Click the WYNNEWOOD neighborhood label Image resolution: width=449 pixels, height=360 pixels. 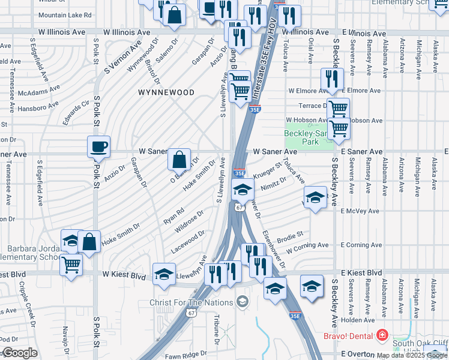(x=166, y=92)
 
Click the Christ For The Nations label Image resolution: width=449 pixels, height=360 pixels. (x=191, y=302)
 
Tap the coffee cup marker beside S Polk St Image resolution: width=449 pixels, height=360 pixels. (x=99, y=146)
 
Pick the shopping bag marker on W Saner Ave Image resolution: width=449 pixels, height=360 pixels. (x=179, y=159)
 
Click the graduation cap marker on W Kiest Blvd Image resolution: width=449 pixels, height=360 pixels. (x=164, y=274)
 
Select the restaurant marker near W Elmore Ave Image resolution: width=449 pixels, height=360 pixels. (x=331, y=78)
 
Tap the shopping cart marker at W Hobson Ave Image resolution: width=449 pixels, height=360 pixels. (x=339, y=128)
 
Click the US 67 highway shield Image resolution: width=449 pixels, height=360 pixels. (x=239, y=207)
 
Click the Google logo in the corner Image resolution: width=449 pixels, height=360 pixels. (x=19, y=353)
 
